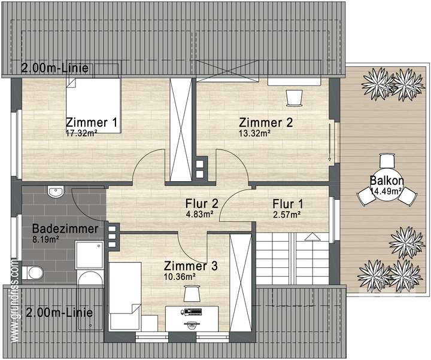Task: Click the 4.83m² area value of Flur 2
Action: pyautogui.click(x=200, y=213)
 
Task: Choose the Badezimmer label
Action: pyautogui.click(x=58, y=228)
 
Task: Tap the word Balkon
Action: pyautogui.click(x=386, y=181)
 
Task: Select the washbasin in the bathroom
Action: pyautogui.click(x=56, y=192)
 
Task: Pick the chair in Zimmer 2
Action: pyautogui.click(x=295, y=96)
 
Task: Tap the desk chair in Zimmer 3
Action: pyautogui.click(x=191, y=294)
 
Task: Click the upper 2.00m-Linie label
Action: pyautogui.click(x=54, y=69)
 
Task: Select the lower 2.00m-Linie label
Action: pyautogui.click(x=54, y=313)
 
